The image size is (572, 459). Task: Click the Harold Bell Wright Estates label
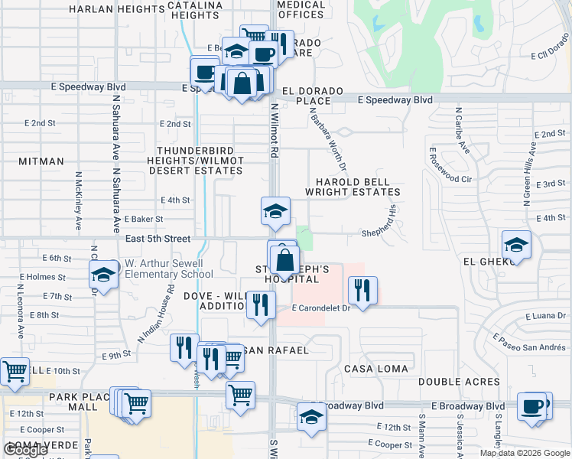(353, 188)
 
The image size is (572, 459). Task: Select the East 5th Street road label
(158, 239)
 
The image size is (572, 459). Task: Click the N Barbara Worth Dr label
(329, 138)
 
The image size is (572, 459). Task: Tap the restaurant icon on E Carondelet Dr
(359, 289)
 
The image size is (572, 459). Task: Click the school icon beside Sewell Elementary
(102, 274)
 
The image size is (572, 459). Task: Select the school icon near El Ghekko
(516, 245)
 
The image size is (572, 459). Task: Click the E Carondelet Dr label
(320, 308)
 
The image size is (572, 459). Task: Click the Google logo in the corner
(25, 450)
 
